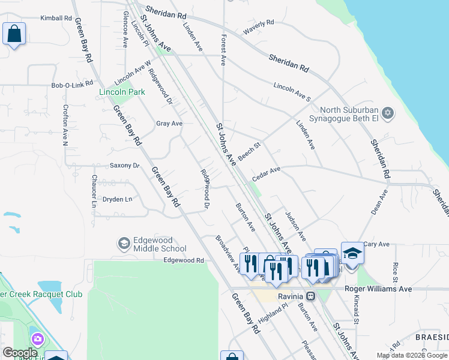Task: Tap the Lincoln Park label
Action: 122,92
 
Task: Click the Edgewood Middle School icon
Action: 124,244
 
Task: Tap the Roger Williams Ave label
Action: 378,289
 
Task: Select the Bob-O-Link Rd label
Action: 72,85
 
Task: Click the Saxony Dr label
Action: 124,166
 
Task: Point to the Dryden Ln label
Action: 117,199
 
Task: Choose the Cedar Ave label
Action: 267,173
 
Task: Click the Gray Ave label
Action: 169,124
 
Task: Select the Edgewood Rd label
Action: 184,260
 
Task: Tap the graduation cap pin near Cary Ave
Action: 352,253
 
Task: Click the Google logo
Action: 20,352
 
